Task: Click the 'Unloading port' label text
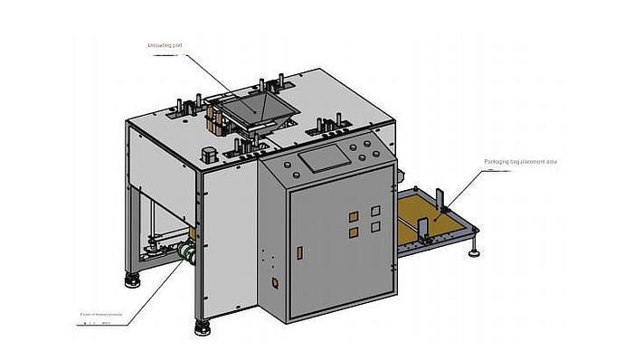(165, 45)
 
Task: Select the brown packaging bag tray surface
(434, 217)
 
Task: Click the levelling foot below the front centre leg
(200, 325)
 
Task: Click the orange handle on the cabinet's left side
(274, 283)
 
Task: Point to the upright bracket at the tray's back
(438, 194)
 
